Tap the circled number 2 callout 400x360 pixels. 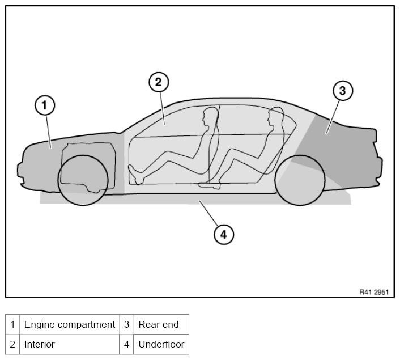click(x=159, y=82)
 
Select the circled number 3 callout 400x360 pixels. click(x=342, y=91)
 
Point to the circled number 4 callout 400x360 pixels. click(x=223, y=234)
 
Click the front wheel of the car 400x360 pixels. click(x=83, y=179)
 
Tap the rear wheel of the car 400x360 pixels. click(x=300, y=180)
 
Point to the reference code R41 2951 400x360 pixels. click(x=373, y=291)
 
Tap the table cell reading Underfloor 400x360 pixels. click(x=161, y=344)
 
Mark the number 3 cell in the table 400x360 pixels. click(x=126, y=324)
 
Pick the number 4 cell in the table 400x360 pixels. click(x=126, y=344)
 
